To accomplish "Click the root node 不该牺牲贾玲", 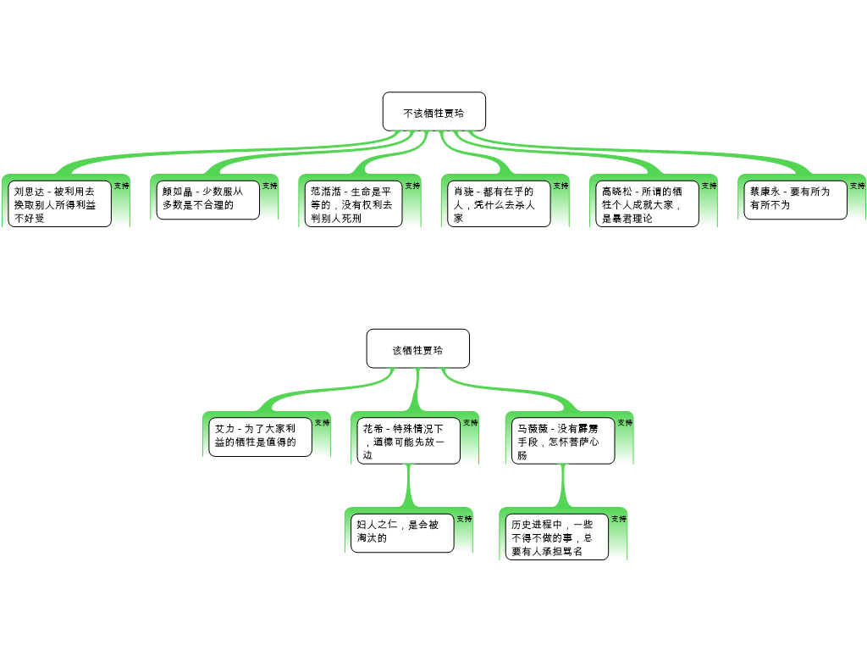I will click(x=433, y=112).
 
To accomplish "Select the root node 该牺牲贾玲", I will click(x=417, y=348).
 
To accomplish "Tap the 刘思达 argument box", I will click(x=60, y=203).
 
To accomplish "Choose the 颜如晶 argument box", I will click(x=207, y=199).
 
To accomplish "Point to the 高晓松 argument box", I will click(x=647, y=203).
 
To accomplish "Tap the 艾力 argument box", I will click(x=259, y=437).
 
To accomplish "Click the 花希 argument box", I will click(x=408, y=441).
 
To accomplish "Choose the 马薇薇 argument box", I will click(x=563, y=441).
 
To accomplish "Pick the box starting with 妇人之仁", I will click(x=402, y=532).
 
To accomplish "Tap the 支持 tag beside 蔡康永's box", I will click(x=857, y=186).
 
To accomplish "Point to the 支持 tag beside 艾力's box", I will click(x=322, y=422).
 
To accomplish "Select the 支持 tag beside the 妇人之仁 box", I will click(x=464, y=519).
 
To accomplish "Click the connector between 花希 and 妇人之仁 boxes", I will click(x=409, y=486).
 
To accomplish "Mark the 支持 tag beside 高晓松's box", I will click(x=709, y=186).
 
